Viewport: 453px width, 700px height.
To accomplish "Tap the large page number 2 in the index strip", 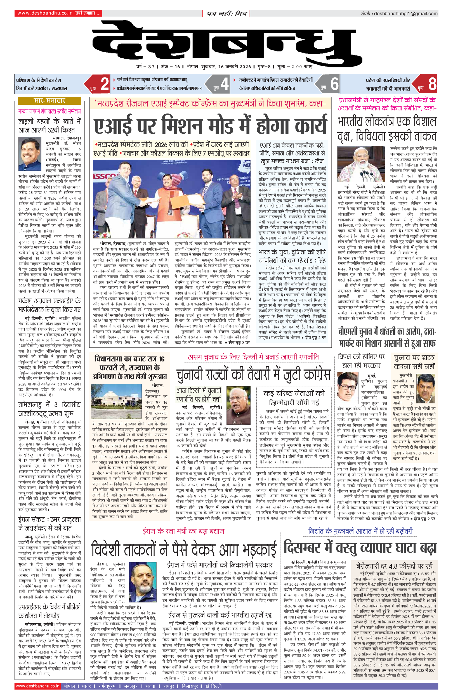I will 104,84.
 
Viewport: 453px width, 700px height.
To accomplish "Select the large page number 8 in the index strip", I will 432,84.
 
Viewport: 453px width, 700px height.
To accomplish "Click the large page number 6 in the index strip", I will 334,84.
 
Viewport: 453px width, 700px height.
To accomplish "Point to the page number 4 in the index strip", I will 225,84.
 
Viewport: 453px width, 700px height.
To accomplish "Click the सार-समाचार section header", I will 49,101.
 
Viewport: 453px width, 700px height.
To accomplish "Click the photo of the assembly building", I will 117,402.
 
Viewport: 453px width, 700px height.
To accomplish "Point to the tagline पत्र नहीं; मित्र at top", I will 226,13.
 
